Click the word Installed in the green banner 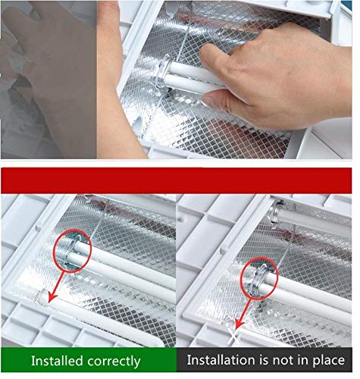point(57,361)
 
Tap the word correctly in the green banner point(114,362)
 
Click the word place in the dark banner point(329,361)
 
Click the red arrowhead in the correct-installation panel point(52,297)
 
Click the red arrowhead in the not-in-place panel point(239,325)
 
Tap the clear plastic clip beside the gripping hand point(161,72)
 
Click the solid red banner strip point(176,180)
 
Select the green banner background point(89,361)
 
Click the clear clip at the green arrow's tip point(41,297)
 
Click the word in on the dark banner point(302,359)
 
